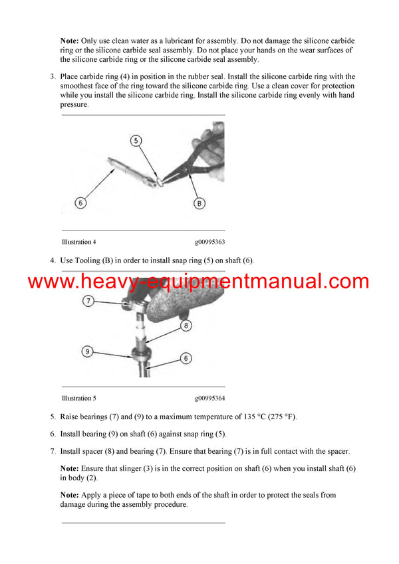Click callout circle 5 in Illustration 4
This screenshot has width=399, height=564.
[x=136, y=141]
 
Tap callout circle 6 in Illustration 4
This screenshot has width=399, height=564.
[x=80, y=202]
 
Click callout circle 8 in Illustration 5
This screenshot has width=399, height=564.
[x=187, y=326]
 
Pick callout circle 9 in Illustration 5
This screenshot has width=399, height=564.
[x=87, y=351]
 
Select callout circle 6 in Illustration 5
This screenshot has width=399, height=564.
[x=186, y=358]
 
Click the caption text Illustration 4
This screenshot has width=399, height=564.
[x=78, y=242]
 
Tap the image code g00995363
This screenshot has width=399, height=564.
[x=209, y=242]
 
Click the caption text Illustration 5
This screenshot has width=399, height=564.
[x=78, y=399]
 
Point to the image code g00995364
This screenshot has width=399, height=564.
[x=209, y=399]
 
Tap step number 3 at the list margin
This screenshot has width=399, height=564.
[x=53, y=77]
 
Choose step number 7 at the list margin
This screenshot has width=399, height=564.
[x=53, y=451]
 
